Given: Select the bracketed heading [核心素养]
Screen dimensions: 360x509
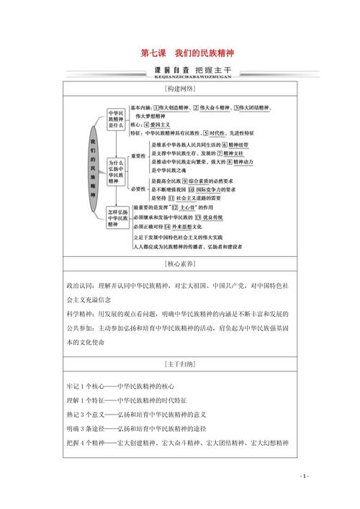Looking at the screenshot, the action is coord(179,265).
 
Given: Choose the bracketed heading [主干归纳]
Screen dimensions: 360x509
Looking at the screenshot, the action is coord(179,364).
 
